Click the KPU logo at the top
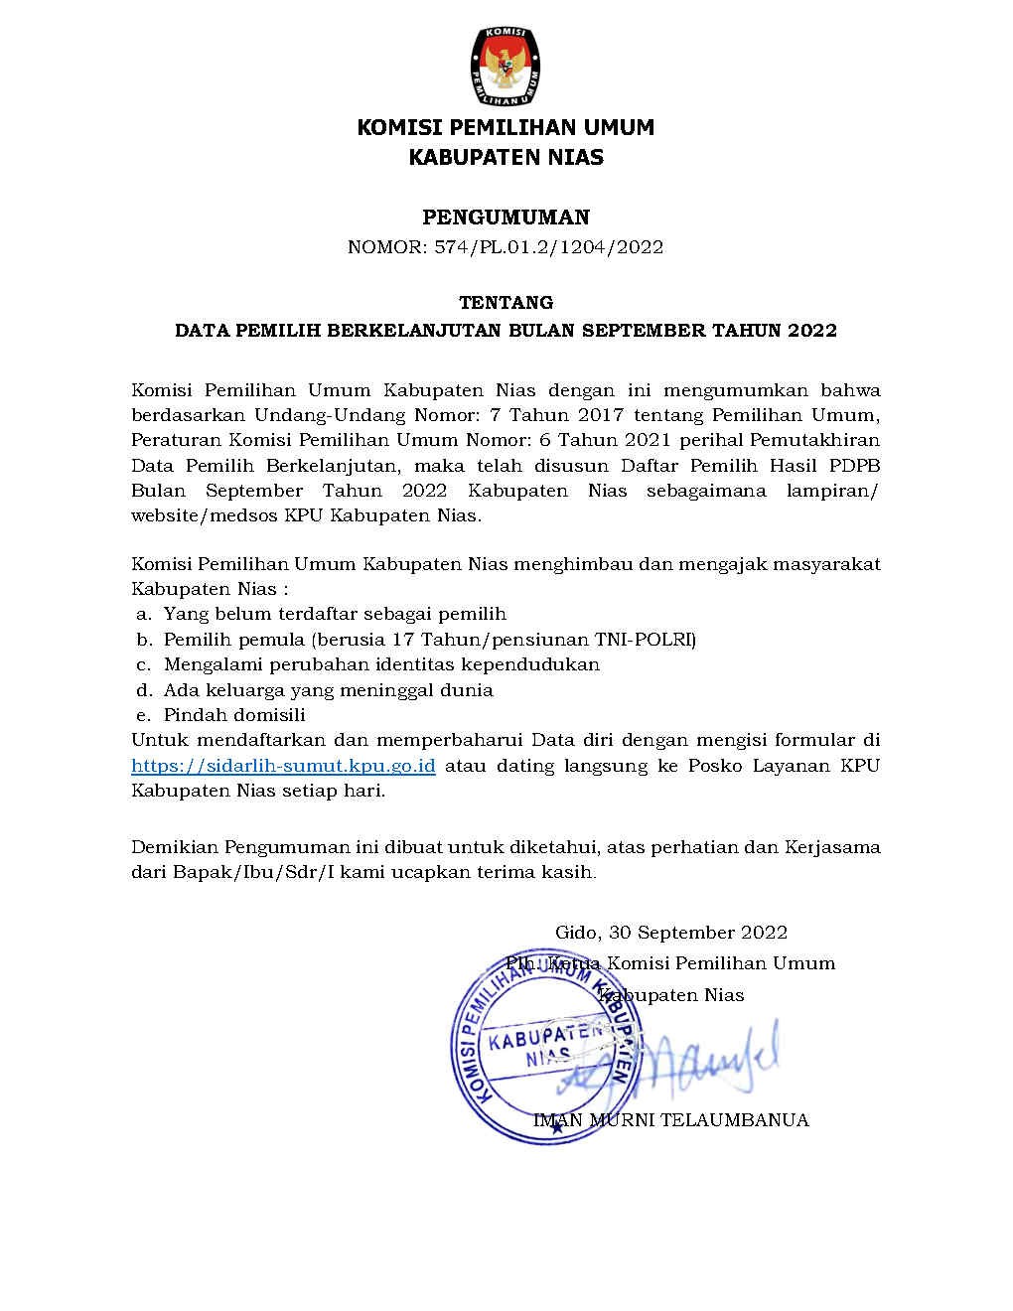point(506,68)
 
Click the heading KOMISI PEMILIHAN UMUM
point(506,128)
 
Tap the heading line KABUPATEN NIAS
point(506,157)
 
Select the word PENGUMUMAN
point(506,218)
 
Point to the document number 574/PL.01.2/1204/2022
point(548,247)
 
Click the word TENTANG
point(506,302)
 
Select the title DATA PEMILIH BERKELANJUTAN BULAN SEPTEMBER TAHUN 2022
point(506,331)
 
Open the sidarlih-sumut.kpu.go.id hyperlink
point(284,766)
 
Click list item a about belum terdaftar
point(335,614)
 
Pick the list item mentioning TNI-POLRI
point(429,639)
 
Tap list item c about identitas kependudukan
point(381,664)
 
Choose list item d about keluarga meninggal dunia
point(328,690)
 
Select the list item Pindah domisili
point(234,715)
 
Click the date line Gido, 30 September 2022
point(671,933)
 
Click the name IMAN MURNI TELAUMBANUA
point(671,1120)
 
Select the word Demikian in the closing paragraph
point(174,848)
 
